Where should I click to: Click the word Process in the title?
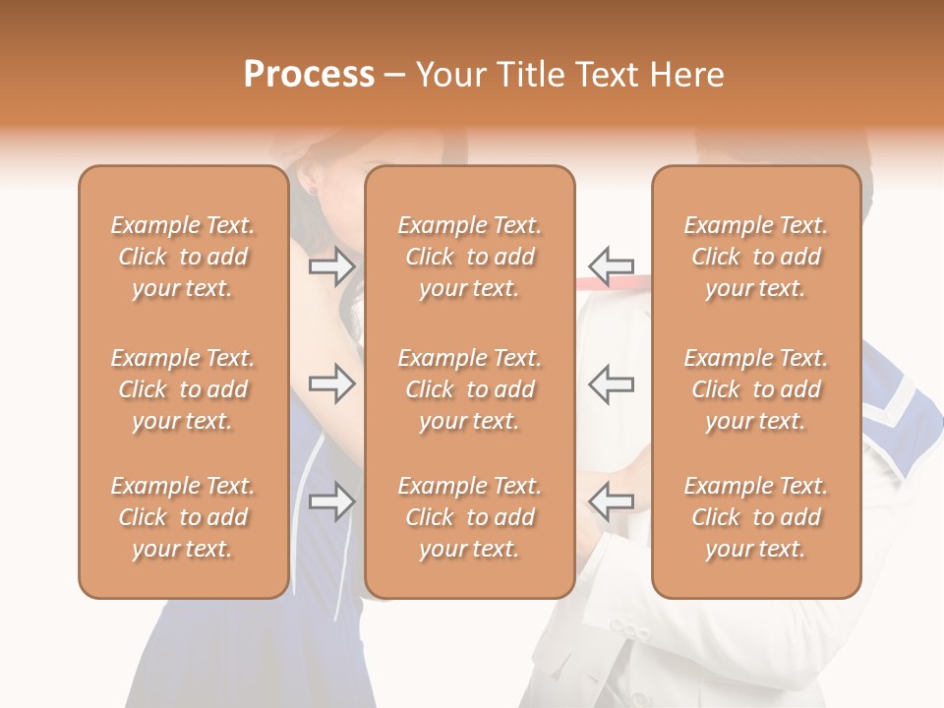click(x=309, y=75)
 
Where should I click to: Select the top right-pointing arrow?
click(x=331, y=265)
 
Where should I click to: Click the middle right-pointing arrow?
click(x=331, y=383)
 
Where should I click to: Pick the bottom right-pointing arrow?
click(x=331, y=501)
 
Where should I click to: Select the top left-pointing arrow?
click(x=611, y=265)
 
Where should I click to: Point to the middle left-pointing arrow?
click(x=611, y=383)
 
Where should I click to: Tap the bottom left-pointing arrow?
click(x=611, y=501)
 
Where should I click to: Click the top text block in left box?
click(x=183, y=257)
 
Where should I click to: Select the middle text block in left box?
click(x=183, y=389)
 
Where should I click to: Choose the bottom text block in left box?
click(x=183, y=517)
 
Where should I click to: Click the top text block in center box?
click(x=469, y=257)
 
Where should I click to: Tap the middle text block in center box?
click(x=469, y=389)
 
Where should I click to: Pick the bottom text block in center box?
click(x=469, y=517)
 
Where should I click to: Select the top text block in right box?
click(x=755, y=257)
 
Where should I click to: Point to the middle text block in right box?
click(x=755, y=389)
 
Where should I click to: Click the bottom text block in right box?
click(x=755, y=517)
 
